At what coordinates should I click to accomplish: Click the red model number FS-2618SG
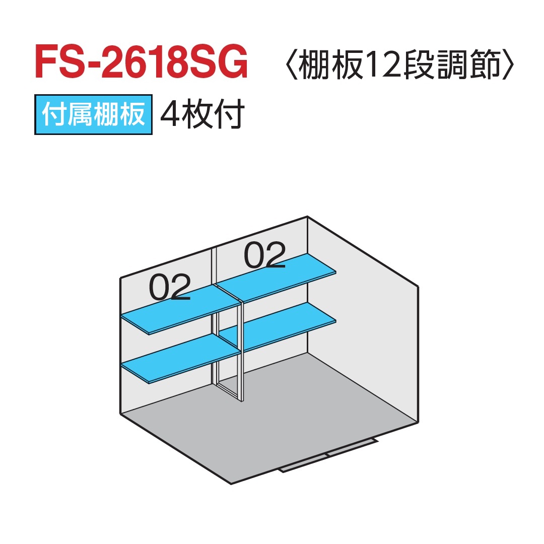pos(142,63)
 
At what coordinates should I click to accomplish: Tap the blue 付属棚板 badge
pos(94,115)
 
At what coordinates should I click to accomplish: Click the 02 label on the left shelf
pos(170,288)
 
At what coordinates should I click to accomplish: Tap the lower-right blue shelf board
pos(282,326)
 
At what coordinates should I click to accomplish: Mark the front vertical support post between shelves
pos(241,353)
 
